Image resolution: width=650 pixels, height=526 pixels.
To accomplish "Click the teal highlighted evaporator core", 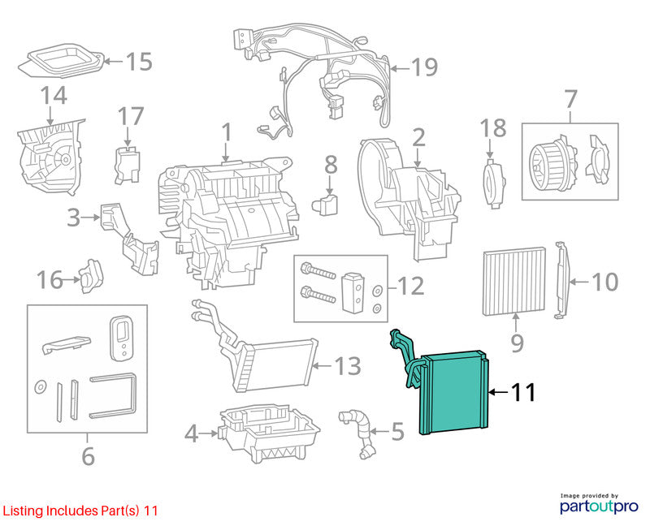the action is pos(454,391).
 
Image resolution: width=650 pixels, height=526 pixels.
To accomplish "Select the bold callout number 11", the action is pos(523,392).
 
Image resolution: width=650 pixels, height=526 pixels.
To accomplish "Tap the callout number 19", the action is pos(424,67).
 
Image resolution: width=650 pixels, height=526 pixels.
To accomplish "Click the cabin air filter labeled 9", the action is pos(514,282).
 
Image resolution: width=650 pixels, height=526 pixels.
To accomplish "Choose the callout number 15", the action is pos(139,62).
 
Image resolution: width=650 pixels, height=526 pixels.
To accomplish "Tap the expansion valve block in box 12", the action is pos(353,292).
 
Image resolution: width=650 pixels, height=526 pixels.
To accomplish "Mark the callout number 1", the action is pos(226,132).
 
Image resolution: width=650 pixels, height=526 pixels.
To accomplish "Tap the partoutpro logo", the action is pos(599,503).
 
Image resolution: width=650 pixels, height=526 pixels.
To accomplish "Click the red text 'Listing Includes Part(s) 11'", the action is pos(80,511).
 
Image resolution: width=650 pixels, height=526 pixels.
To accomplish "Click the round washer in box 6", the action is pos(40,387).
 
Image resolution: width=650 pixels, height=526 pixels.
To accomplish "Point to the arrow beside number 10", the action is pos(579,282).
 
